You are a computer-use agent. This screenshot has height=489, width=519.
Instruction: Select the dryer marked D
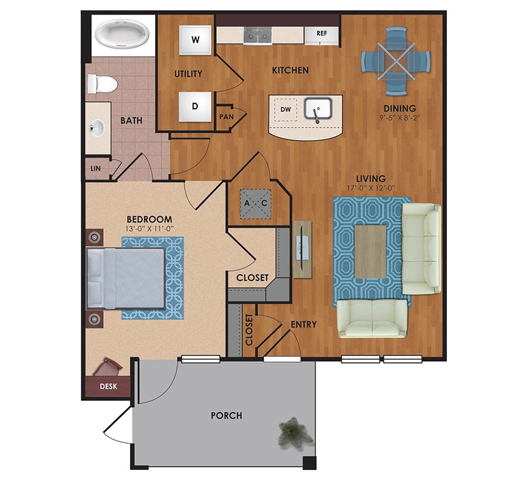pos(195,106)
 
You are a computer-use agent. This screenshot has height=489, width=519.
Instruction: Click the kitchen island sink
pos(317,110)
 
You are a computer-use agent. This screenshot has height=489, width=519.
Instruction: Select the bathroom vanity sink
pos(97,129)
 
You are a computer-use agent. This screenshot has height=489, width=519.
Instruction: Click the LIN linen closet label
pos(96,168)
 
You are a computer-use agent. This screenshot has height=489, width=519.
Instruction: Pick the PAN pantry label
pos(226,116)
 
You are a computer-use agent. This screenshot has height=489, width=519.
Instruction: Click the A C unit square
pos(256,203)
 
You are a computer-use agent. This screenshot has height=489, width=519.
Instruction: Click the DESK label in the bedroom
pos(108,386)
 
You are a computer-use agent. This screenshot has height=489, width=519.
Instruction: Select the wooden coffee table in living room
pos(371,251)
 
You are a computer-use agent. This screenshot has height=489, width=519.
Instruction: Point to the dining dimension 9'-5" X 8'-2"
pos(400,119)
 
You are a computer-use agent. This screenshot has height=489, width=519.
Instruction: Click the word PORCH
pos(227,416)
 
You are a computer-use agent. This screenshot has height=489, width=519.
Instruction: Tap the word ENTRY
pos(303,325)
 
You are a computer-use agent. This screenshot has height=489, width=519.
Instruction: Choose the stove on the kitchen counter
pos(256,35)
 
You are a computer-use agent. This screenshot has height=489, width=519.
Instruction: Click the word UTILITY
pos(188,74)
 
